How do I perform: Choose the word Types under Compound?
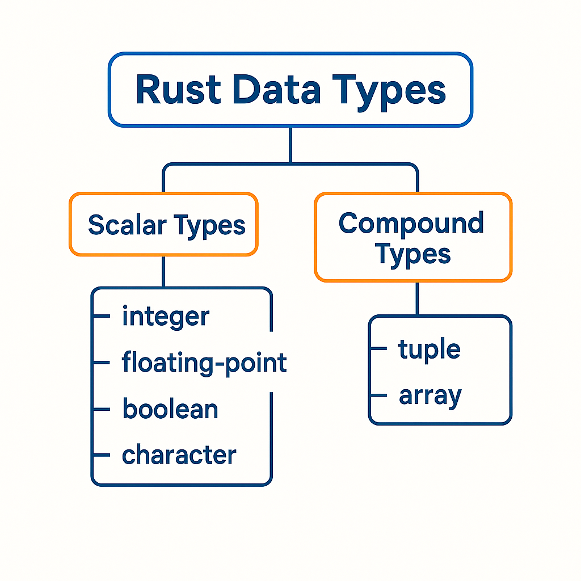click(x=413, y=254)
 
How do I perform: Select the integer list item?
click(x=166, y=317)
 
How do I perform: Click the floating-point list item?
click(x=204, y=363)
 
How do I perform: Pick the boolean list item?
click(x=170, y=409)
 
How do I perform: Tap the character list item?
click(x=179, y=455)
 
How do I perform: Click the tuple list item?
click(x=429, y=350)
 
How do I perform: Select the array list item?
click(x=430, y=396)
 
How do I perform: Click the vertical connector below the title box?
click(x=290, y=145)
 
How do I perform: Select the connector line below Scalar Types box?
click(x=163, y=272)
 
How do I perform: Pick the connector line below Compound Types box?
click(x=417, y=298)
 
